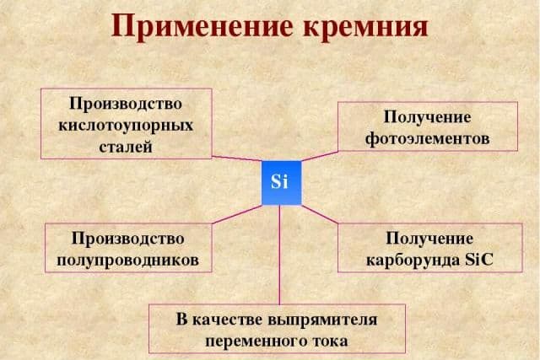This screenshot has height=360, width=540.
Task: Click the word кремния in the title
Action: [361, 25]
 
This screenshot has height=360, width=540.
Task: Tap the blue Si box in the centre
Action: [280, 182]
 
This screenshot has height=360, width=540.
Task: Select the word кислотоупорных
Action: [126, 125]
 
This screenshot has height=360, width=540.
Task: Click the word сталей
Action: [126, 146]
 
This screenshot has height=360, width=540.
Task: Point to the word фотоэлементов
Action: [427, 136]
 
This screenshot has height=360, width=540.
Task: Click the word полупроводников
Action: [128, 259]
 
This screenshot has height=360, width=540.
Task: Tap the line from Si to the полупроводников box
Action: [237, 212]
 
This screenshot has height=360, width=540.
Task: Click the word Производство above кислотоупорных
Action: [126, 104]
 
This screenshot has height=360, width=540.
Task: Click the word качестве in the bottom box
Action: [224, 320]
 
